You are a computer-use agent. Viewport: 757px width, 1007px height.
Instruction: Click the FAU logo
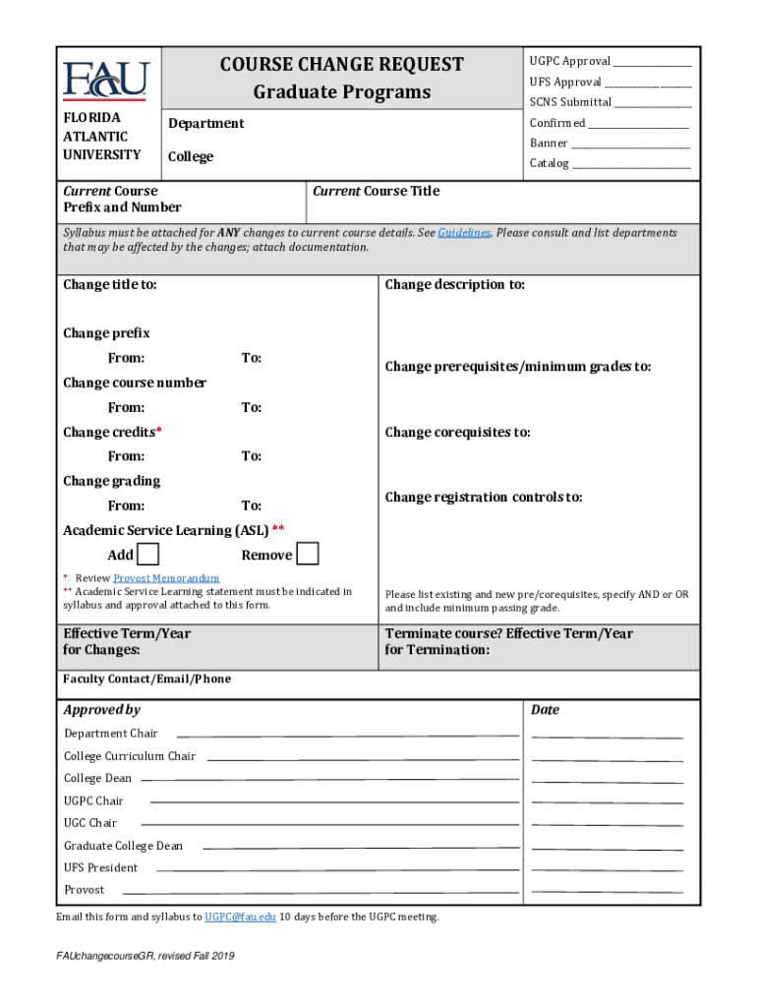[106, 80]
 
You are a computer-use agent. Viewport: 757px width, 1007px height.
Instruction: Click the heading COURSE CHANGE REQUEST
[341, 65]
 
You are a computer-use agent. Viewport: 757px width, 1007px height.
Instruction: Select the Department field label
[205, 124]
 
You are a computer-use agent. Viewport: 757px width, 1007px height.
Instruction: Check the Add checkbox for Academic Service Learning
[147, 554]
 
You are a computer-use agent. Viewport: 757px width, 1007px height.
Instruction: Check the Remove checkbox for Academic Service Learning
[308, 554]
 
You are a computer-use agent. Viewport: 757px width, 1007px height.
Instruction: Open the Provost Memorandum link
[166, 578]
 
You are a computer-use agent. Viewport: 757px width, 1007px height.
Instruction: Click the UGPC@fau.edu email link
[240, 917]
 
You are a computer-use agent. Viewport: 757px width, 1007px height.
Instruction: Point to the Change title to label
[109, 285]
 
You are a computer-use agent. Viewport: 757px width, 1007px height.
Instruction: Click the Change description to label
[454, 285]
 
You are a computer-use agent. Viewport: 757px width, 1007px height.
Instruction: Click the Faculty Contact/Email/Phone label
[146, 680]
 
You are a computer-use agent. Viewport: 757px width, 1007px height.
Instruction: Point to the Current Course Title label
[376, 192]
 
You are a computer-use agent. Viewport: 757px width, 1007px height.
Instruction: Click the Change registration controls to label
[484, 498]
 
